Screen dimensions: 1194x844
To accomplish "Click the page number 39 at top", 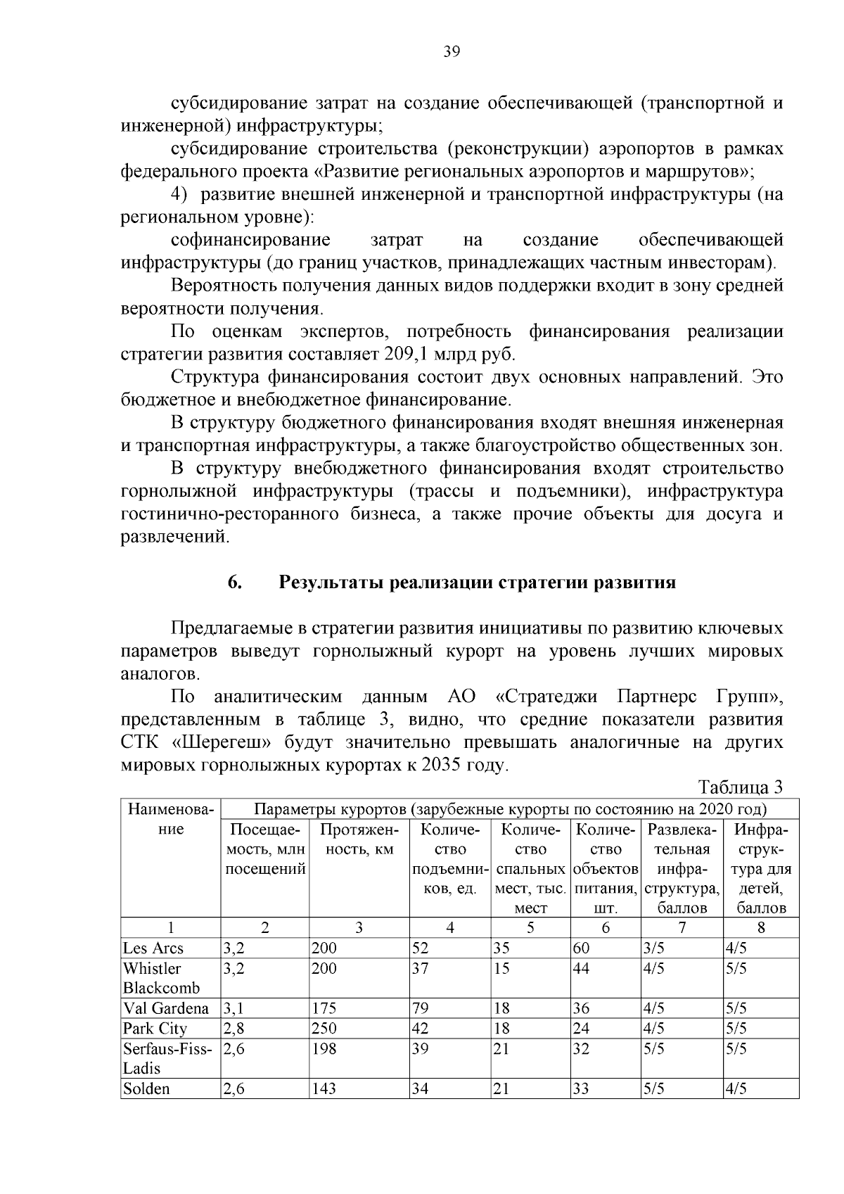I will (452, 51).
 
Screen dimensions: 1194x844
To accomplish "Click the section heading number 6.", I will (235, 583).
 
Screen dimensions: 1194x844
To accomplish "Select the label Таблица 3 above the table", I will (740, 787).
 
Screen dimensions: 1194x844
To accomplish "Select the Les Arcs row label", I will (153, 948).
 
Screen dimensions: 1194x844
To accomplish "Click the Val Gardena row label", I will (166, 1008).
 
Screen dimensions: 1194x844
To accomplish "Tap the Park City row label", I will (155, 1029).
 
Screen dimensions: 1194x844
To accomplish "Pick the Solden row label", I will (146, 1088).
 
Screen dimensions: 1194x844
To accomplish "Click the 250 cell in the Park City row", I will (324, 1029).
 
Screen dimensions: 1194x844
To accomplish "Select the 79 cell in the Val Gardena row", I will (421, 1008).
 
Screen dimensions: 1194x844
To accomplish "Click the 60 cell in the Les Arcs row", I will (581, 948).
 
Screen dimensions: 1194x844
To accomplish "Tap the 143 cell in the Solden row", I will (324, 1088).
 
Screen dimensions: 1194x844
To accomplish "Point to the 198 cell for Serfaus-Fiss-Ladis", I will (324, 1049).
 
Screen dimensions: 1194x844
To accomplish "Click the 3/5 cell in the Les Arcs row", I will (654, 948).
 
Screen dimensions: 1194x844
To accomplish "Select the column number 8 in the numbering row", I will (761, 927).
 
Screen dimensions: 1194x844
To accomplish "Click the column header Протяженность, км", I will (359, 839).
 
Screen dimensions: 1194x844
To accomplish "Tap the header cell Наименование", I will (171, 819).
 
